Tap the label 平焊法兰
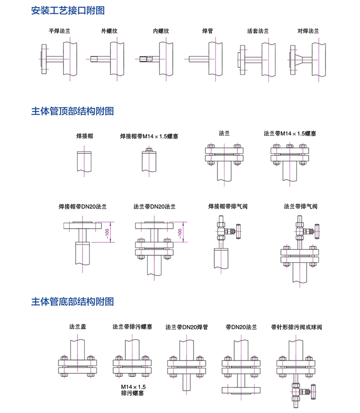click(59, 31)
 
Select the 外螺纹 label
click(109, 31)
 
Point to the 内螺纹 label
click(161, 31)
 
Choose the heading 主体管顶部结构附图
click(72, 111)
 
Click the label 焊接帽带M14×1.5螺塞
click(149, 137)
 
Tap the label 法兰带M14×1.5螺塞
click(290, 134)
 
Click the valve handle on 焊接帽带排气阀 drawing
click(238, 231)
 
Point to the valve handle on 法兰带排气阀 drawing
click(317, 231)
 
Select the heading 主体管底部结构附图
click(72, 301)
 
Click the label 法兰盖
click(78, 327)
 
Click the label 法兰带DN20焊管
click(187, 327)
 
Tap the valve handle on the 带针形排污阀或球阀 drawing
click(312, 391)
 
